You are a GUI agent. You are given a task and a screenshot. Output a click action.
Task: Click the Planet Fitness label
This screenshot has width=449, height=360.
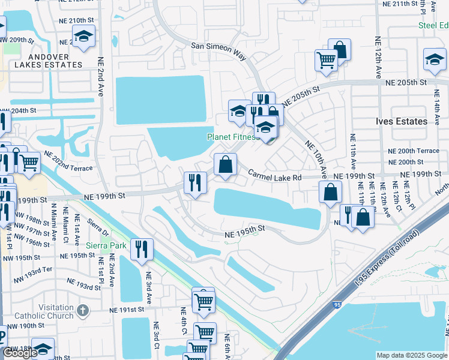point(232,137)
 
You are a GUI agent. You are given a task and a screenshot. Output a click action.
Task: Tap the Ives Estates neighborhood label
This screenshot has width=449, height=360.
point(403,121)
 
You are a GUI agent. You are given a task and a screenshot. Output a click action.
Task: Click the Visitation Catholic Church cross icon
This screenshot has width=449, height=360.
point(83,311)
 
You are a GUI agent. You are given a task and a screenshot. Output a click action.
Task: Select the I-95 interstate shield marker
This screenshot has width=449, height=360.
point(337,305)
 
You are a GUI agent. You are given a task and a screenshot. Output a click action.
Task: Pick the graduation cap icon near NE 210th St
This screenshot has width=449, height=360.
point(84,37)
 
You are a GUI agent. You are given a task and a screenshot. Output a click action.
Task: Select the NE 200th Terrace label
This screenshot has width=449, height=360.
point(414,151)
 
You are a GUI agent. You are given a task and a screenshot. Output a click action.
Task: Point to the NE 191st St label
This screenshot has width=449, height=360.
point(127,310)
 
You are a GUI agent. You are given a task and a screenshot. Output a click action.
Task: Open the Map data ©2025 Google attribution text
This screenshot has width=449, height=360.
point(412,355)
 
